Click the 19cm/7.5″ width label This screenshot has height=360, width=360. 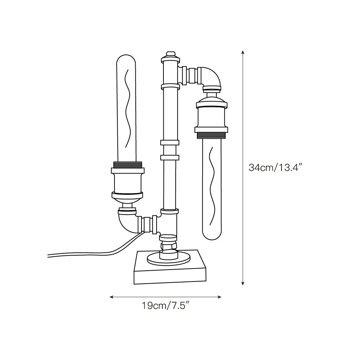166,305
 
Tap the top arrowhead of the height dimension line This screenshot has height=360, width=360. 243,52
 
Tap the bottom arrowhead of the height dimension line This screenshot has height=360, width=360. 243,283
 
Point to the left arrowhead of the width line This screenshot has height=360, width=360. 112,297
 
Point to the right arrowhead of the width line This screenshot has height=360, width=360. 219,297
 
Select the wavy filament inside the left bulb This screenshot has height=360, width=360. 127,108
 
